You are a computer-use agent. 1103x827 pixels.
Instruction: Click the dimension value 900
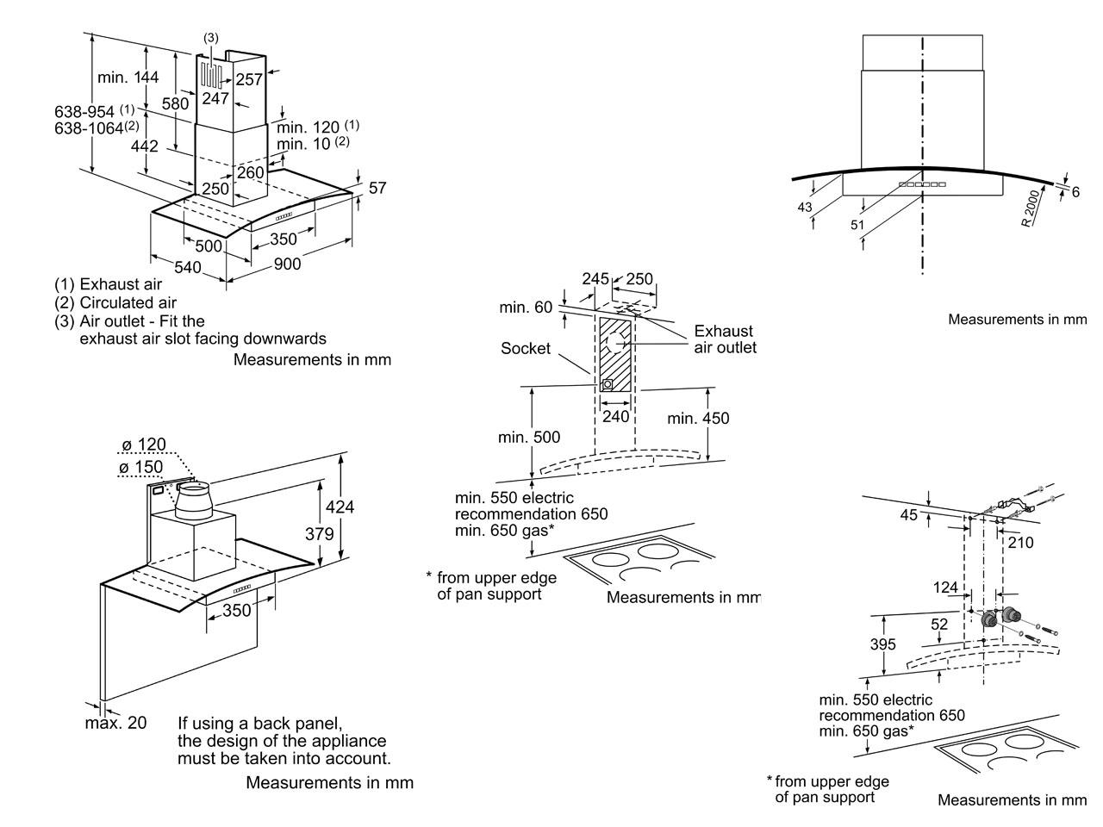coord(287,264)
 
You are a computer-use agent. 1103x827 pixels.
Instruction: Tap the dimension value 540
coord(188,267)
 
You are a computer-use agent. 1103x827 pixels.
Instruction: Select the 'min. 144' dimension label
coord(128,77)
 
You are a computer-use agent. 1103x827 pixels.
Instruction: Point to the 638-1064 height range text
coord(97,127)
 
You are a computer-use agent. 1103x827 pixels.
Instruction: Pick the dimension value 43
coord(805,207)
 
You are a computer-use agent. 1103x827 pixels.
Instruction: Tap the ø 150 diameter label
coord(140,467)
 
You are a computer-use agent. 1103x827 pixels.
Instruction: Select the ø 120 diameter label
coord(144,444)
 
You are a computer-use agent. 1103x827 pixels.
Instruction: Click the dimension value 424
coord(340,507)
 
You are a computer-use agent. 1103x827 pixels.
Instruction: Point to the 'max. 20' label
coord(115,723)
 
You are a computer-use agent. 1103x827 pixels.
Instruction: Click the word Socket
coord(525,348)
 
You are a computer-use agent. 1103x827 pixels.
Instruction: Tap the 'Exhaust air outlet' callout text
coord(725,339)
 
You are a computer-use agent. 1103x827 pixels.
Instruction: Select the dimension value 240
coord(615,416)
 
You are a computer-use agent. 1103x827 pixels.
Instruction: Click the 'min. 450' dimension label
coord(698,418)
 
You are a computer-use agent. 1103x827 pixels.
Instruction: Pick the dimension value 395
coord(883,644)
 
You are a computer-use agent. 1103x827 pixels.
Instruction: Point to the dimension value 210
coord(1020,543)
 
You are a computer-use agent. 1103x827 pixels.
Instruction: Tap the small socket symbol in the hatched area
coord(608,384)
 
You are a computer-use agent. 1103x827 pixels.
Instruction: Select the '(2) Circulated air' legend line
coord(115,302)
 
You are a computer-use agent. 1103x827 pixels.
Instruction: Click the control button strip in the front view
coord(922,184)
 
